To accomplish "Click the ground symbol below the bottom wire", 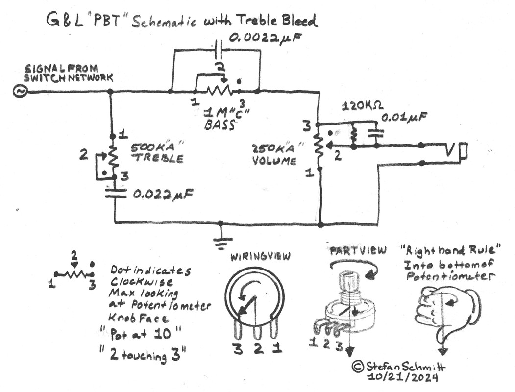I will tap(221, 240).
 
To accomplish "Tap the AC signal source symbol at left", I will tap(21, 92).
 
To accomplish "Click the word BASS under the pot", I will tap(219, 125).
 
